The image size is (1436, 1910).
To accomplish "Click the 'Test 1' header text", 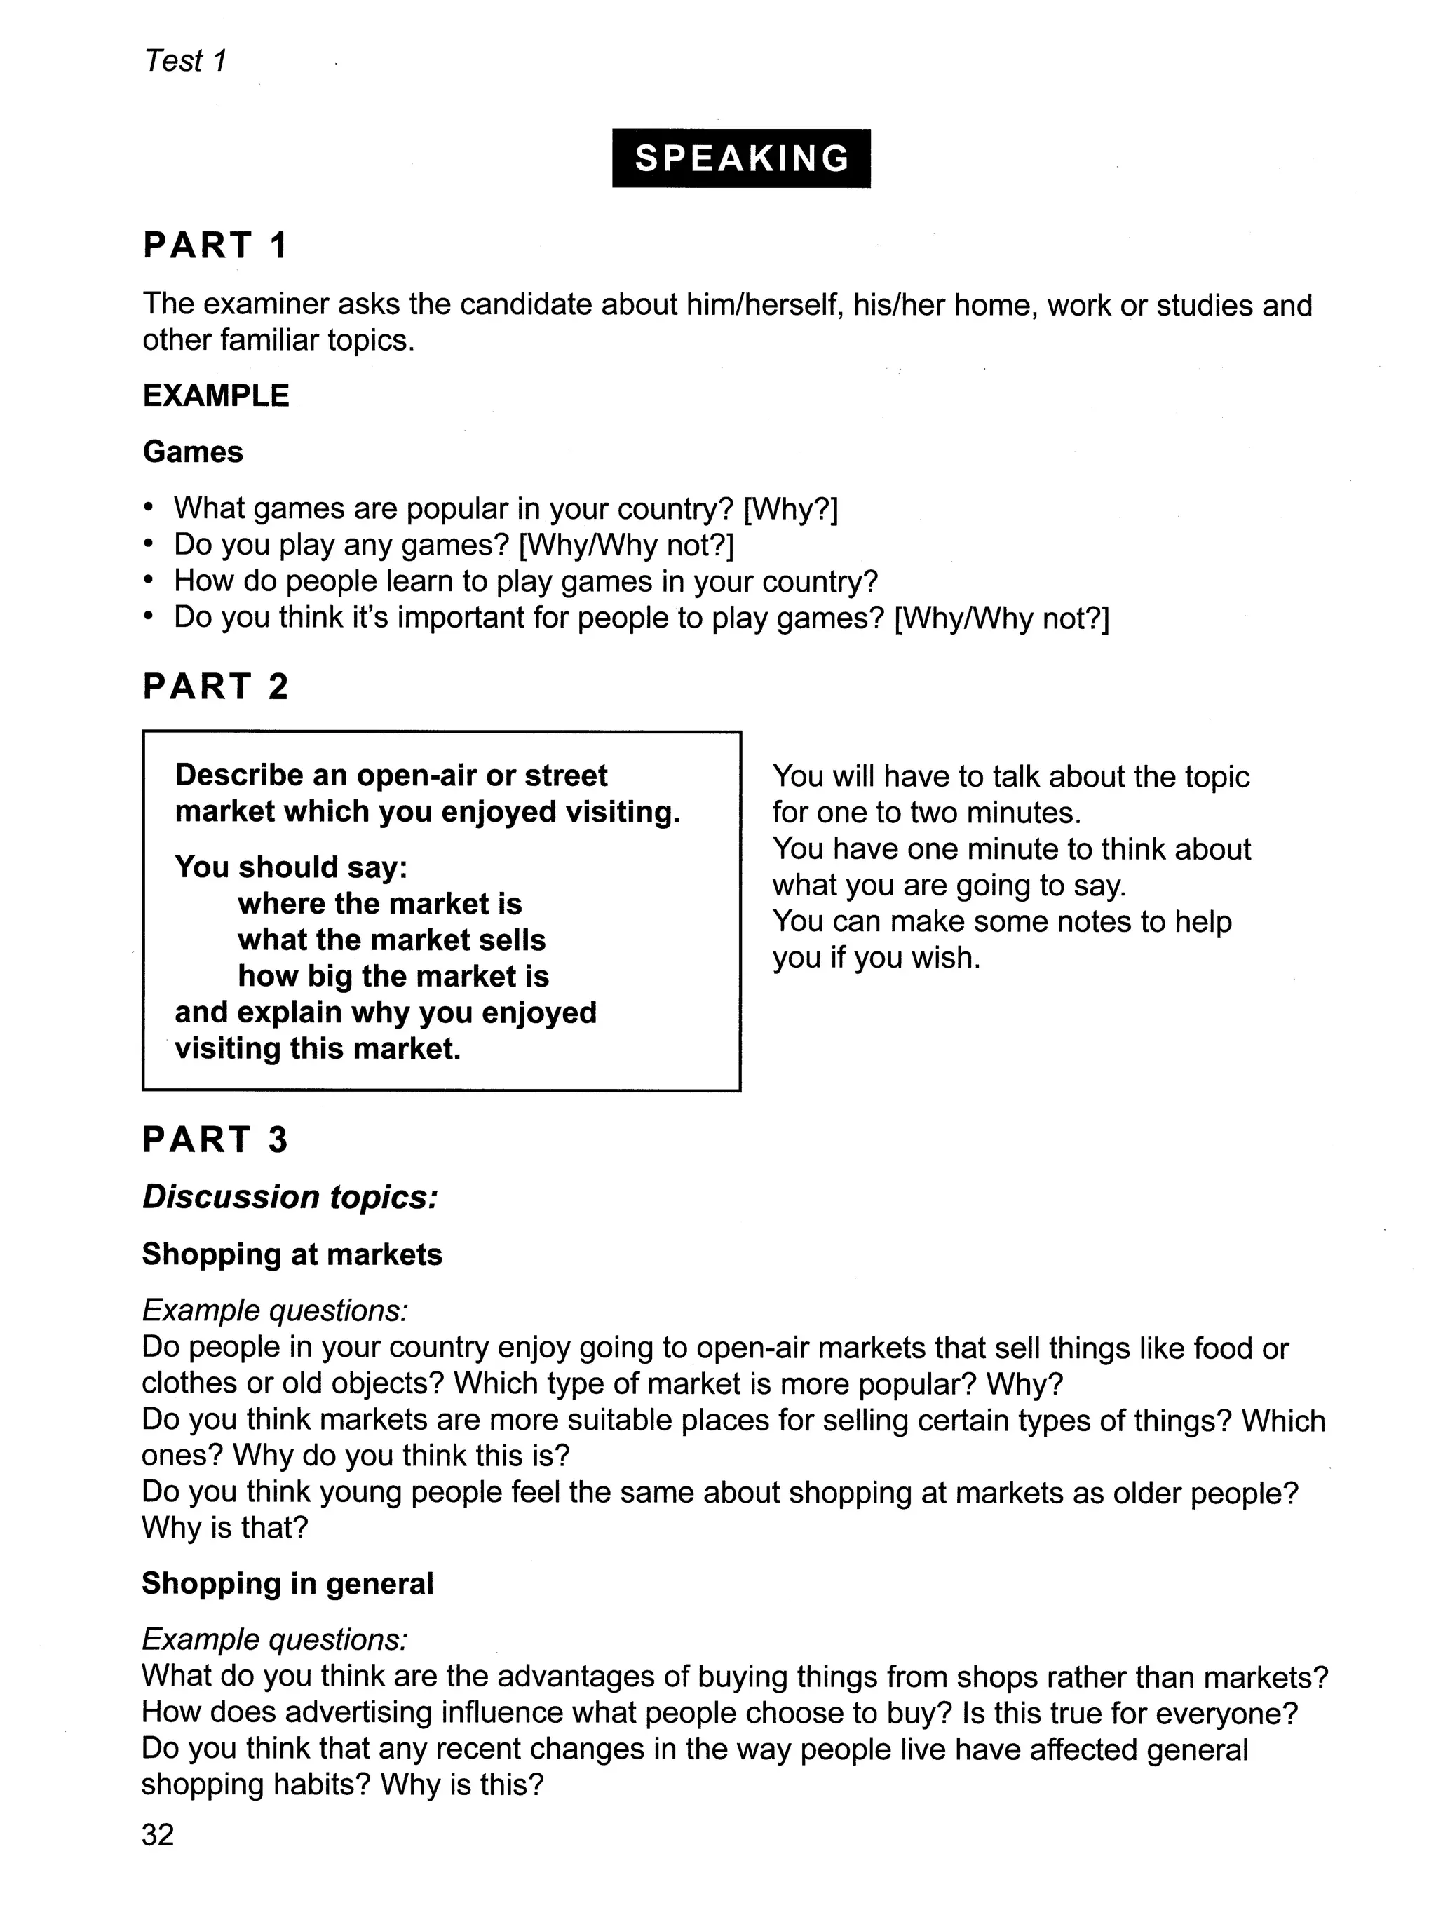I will click(x=185, y=61).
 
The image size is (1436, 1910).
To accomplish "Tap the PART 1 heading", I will click(x=214, y=245).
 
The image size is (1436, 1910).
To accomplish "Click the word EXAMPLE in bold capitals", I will click(x=216, y=395).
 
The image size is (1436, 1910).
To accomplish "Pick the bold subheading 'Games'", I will click(x=193, y=452).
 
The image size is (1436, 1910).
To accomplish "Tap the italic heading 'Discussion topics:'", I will click(x=290, y=1197).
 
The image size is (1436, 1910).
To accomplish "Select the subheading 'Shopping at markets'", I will click(x=292, y=1254).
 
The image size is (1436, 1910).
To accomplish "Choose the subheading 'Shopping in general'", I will click(x=287, y=1577).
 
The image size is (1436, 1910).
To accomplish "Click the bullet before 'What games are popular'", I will click(x=149, y=508).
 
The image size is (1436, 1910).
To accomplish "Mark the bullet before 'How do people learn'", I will click(x=149, y=581).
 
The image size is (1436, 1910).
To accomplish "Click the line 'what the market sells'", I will click(x=391, y=940).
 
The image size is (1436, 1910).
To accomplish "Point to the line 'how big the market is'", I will click(x=393, y=976).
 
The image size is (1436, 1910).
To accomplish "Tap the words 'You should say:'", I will click(x=291, y=867).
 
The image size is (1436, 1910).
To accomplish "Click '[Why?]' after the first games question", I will click(x=790, y=508).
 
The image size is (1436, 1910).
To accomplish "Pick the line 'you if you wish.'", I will click(x=876, y=958).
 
